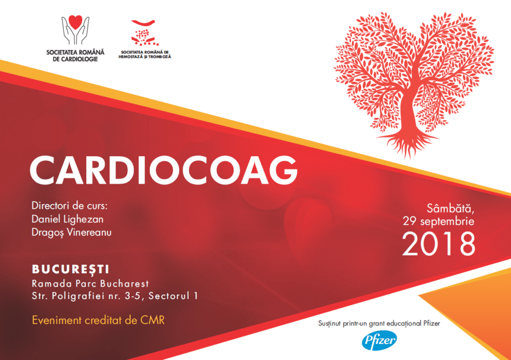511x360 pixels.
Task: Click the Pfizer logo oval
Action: (x=379, y=341)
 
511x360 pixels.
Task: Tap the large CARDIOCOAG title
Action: (x=164, y=170)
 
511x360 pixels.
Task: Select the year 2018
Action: (x=439, y=244)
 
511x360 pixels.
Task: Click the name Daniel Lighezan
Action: (x=67, y=219)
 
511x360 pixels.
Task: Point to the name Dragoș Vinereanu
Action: (x=71, y=233)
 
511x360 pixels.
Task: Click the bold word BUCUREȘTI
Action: (x=70, y=269)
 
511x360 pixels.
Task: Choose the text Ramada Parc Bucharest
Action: (x=90, y=284)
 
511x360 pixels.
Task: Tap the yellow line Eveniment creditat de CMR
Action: (x=98, y=320)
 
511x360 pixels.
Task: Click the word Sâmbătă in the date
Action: (x=451, y=208)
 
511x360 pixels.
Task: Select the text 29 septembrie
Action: (x=439, y=221)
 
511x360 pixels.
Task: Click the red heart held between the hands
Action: (x=76, y=22)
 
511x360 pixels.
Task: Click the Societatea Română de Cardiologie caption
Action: (x=75, y=55)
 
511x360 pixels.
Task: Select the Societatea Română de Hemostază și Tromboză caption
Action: (x=145, y=54)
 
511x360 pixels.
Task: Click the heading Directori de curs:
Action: (x=69, y=206)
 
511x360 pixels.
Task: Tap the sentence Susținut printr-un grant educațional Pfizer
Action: (x=379, y=324)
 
